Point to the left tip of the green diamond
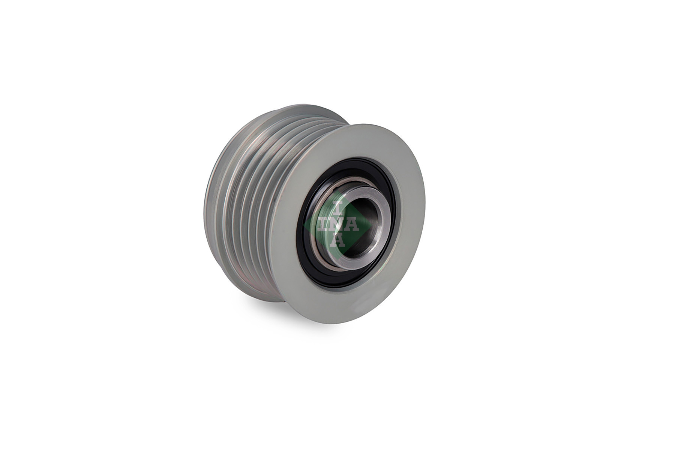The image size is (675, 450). pos(303,225)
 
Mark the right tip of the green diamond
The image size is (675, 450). pos(372,225)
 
